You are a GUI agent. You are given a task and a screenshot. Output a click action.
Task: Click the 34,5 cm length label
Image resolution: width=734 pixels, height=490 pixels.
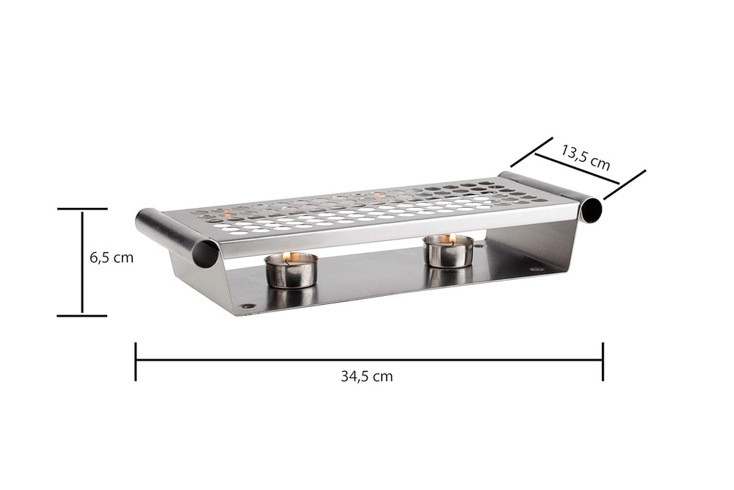point(366,376)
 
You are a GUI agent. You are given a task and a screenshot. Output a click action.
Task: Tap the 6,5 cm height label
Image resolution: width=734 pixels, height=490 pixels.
point(112,257)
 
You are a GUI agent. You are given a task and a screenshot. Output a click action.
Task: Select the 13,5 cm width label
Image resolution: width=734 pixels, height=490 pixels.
point(586,157)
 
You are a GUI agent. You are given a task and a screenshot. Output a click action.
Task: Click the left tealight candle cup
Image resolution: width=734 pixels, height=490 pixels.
point(291,271)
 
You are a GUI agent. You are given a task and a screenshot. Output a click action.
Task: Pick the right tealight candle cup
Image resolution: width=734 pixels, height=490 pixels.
point(448,252)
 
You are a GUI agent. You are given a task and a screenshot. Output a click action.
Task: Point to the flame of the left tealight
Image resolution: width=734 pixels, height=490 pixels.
point(287,256)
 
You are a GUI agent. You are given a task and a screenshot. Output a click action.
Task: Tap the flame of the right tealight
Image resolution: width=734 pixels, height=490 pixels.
point(451,240)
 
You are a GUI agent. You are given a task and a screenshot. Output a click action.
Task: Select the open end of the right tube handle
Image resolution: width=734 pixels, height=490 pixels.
point(592,211)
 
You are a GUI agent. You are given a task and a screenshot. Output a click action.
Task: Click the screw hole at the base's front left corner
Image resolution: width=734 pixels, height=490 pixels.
point(247,306)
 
